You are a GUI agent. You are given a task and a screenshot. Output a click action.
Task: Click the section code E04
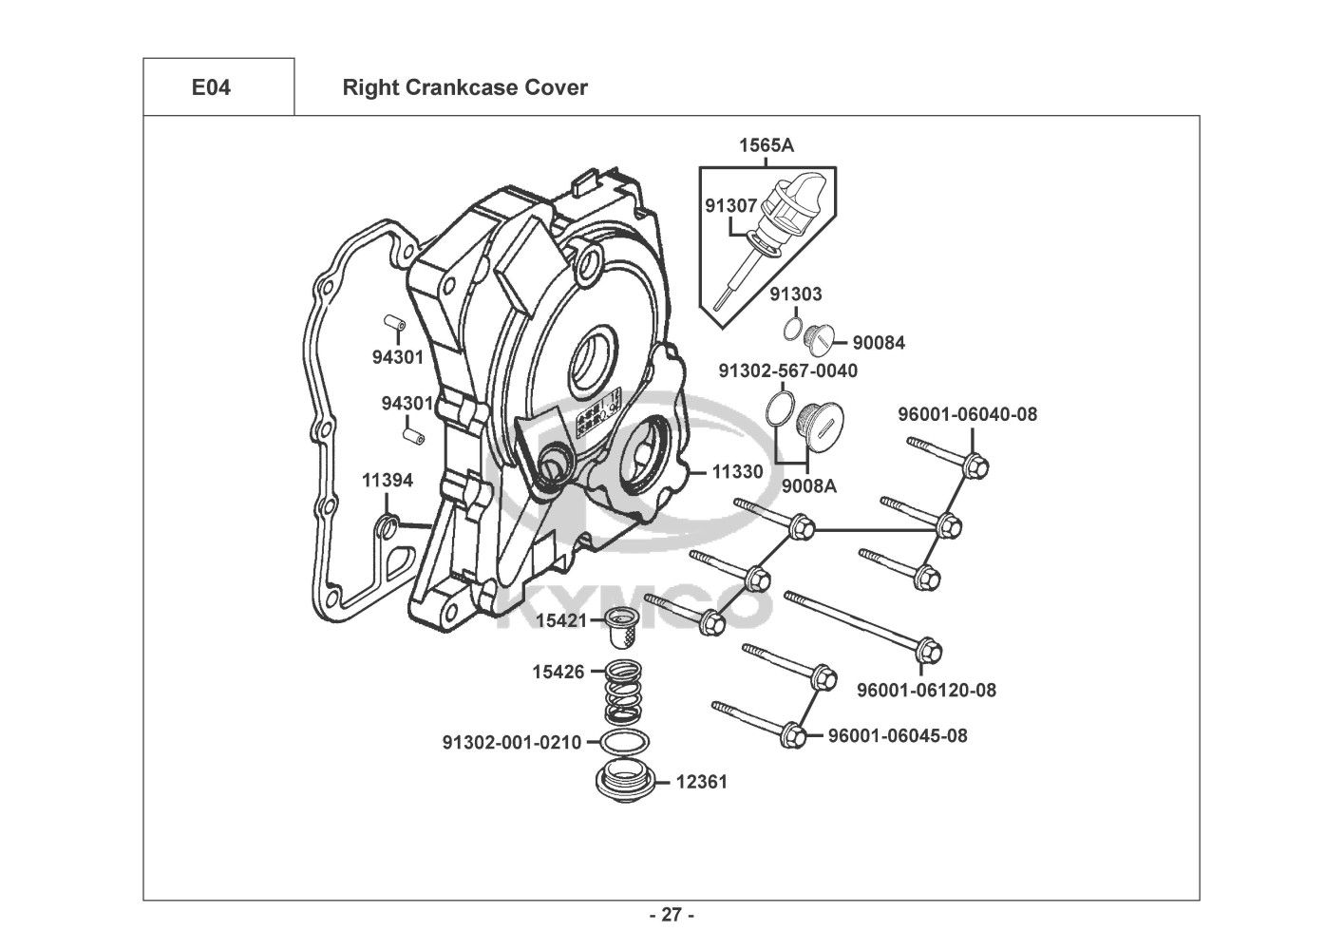[x=210, y=87]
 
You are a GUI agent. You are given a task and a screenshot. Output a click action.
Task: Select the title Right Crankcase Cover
[x=464, y=87]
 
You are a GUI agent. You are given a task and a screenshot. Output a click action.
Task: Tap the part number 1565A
[x=767, y=145]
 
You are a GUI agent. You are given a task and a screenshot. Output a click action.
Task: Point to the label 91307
[x=730, y=205]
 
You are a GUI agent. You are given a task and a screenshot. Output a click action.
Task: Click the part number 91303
[x=795, y=294]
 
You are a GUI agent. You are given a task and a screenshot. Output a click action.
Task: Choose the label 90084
[x=879, y=343]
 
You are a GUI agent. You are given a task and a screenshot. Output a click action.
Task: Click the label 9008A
[x=809, y=486]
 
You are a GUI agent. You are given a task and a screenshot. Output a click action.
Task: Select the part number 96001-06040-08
[x=968, y=414]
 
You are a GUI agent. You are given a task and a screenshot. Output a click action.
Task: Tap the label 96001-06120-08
[x=926, y=690]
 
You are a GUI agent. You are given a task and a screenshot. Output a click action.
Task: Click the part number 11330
[x=737, y=471]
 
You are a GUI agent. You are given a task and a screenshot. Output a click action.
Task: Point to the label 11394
[x=388, y=481]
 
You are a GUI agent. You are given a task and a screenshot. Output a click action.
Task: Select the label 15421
[x=559, y=620]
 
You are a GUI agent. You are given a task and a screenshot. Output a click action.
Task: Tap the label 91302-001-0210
[x=512, y=742]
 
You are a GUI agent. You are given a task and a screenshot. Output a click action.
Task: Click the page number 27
[x=672, y=916]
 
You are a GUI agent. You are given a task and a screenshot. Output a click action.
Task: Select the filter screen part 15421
[x=624, y=625]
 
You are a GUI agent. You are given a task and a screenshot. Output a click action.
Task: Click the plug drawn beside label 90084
[x=818, y=336]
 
